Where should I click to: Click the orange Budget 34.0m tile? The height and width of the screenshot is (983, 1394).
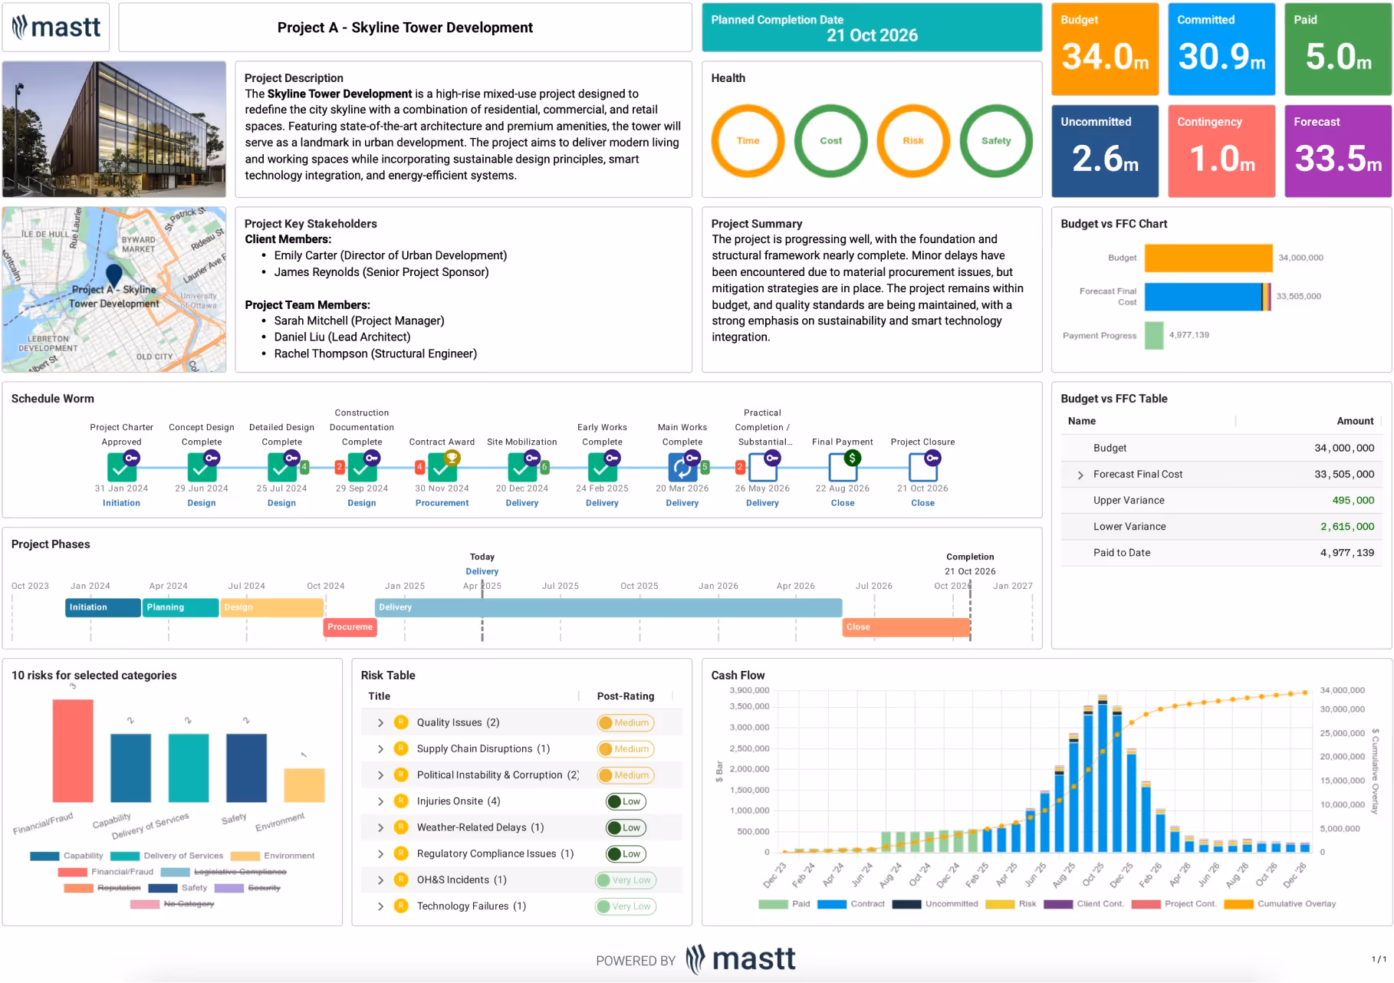(1104, 49)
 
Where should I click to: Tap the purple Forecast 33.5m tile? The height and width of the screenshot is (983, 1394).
(1337, 151)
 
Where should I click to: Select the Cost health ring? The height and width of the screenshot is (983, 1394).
(830, 141)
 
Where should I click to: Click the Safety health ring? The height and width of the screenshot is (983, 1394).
(995, 141)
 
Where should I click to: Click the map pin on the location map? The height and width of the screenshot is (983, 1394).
(114, 274)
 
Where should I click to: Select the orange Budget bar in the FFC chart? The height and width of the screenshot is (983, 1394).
(1208, 258)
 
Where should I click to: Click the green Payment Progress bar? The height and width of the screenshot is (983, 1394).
(1153, 335)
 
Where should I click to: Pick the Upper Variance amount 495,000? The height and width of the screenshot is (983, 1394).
(1353, 500)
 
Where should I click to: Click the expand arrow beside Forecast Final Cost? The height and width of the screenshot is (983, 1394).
(1080, 475)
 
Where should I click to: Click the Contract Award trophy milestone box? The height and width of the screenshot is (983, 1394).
(442, 465)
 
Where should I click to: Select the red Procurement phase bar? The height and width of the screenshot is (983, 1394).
(350, 627)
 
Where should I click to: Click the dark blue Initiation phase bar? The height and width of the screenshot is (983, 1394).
(103, 607)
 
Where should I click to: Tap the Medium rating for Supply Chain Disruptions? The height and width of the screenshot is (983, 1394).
(626, 749)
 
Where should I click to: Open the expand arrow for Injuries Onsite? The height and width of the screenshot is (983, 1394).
(380, 801)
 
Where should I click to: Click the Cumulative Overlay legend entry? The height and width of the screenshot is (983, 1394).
(1296, 904)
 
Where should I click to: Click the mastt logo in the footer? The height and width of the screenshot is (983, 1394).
(741, 959)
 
